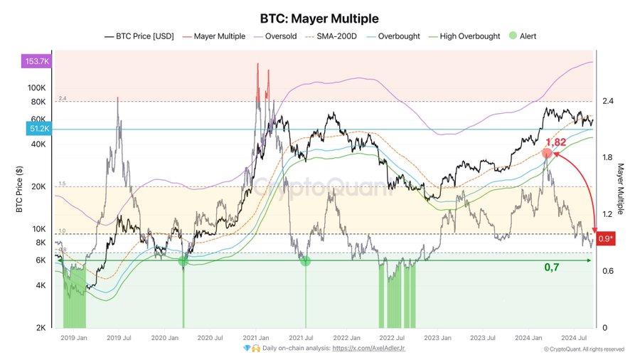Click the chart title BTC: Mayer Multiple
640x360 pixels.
coord(320,18)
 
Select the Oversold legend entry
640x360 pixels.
coord(281,36)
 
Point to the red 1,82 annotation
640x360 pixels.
coord(555,142)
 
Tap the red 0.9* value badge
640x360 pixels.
coord(607,239)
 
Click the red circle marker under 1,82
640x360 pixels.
coord(547,154)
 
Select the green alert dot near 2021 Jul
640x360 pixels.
coord(306,261)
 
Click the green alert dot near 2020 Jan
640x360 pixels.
coord(183,261)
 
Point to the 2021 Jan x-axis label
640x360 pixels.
coord(255,337)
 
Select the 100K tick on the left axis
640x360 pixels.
coord(36,88)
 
